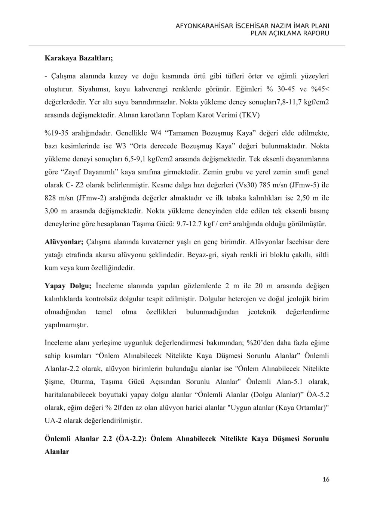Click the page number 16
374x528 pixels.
tap(326, 479)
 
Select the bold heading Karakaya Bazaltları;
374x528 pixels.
tap(79, 58)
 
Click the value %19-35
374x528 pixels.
tap(56, 133)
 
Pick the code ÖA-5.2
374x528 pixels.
tap(317, 395)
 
